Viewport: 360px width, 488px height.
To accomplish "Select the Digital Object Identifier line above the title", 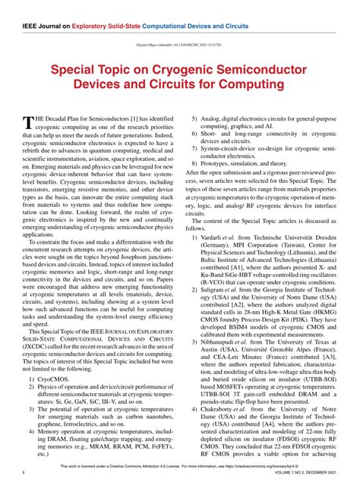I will [179, 45].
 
